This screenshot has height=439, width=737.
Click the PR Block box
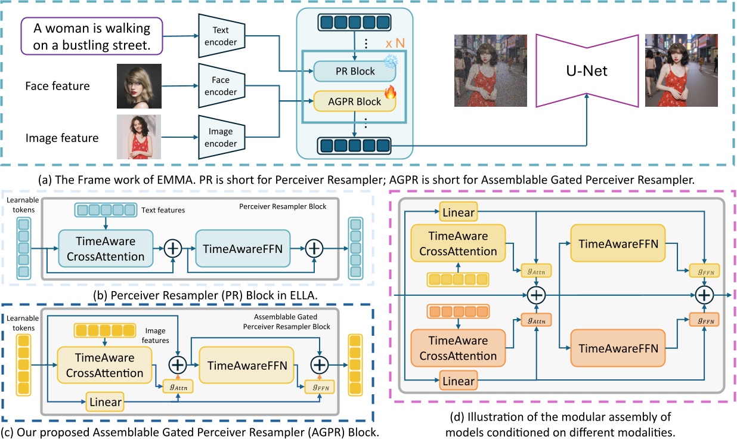355,71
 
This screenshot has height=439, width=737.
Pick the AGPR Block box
355,101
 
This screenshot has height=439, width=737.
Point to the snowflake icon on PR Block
390,63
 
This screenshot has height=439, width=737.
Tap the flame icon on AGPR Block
390,92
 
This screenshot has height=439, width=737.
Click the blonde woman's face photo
140,86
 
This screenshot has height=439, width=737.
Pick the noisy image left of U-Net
482,70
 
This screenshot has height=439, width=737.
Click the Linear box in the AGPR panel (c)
105,402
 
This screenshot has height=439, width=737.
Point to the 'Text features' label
163,210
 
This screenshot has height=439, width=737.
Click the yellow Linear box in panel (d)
458,212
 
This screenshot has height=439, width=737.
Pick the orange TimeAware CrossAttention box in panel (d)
458,348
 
